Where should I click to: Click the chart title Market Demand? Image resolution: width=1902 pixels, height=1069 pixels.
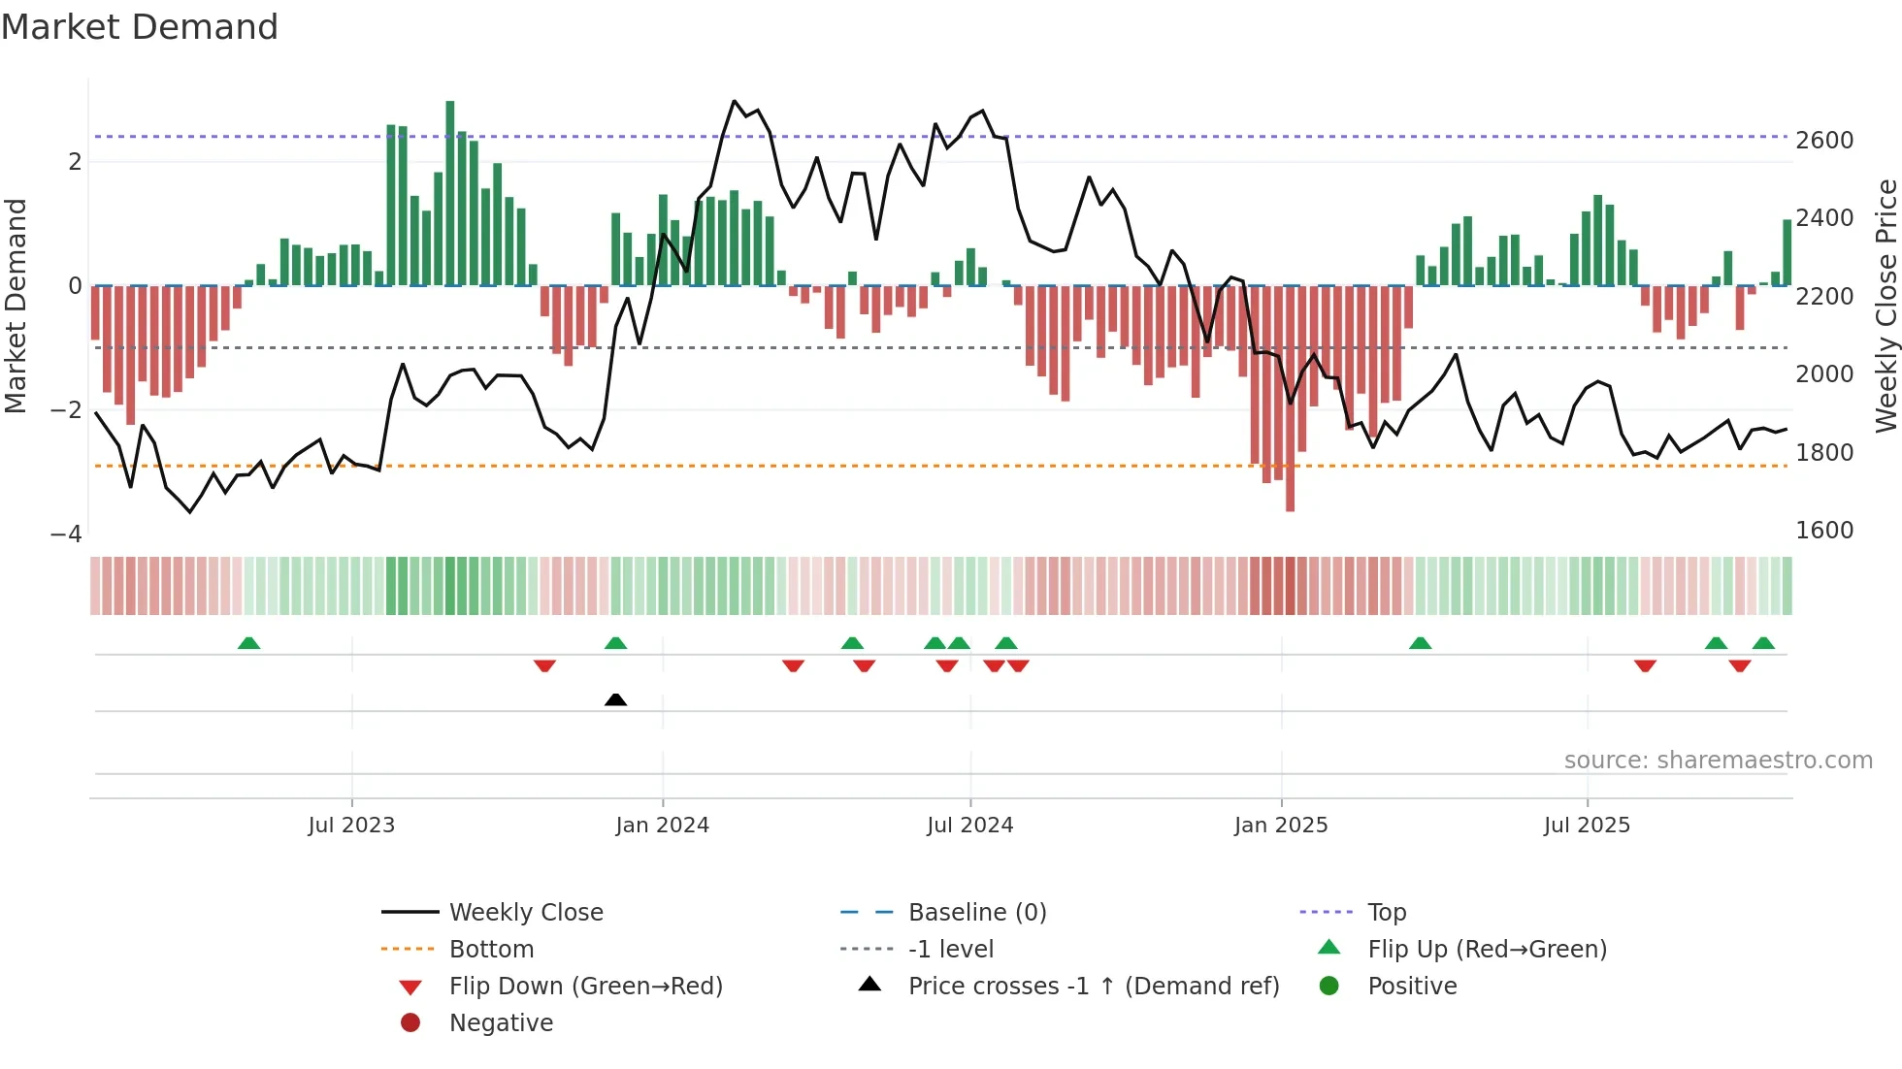coord(140,27)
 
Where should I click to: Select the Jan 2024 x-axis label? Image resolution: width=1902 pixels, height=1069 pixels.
coord(662,826)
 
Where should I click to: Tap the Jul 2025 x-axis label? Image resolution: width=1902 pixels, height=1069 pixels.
coord(1587,826)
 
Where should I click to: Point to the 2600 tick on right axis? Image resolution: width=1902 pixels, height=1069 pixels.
coord(1824,141)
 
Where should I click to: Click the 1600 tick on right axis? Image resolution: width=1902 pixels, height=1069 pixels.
coord(1824,531)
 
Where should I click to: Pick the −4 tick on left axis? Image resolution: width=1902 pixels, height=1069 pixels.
coord(66,534)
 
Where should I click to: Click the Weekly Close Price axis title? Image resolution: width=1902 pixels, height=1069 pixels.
coord(1886,306)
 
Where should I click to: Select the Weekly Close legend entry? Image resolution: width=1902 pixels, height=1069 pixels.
coord(525,913)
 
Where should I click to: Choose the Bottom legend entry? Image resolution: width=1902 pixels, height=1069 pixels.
coord(491,950)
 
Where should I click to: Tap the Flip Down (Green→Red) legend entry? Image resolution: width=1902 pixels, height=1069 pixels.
coord(585,987)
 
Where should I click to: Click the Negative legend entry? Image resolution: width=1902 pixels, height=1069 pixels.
coord(501,1023)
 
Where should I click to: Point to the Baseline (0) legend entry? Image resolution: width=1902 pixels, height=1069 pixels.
coord(976,913)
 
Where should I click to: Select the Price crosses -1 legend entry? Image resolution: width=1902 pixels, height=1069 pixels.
coord(1093,987)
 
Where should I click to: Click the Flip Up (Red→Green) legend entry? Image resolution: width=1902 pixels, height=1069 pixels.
coord(1487,950)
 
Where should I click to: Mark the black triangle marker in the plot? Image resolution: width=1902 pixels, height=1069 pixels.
coord(615,699)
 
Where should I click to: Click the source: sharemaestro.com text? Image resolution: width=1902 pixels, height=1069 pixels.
coord(1718,761)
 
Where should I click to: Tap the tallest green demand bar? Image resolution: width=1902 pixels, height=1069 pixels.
coord(450,194)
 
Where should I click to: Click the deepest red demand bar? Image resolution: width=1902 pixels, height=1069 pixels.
coord(1290,398)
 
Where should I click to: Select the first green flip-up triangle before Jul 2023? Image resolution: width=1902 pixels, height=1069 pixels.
coord(248,643)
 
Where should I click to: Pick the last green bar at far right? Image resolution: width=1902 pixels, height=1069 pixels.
coord(1787,252)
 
